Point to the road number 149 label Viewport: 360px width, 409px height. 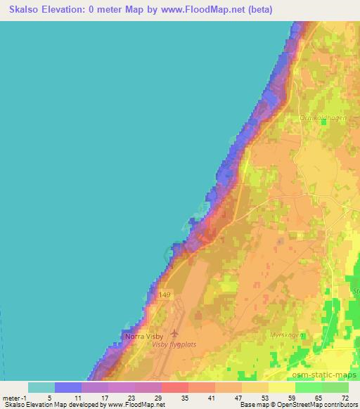[x=165, y=294]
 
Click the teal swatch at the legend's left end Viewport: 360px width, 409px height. [x=41, y=387]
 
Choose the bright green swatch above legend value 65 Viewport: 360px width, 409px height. [x=308, y=387]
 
